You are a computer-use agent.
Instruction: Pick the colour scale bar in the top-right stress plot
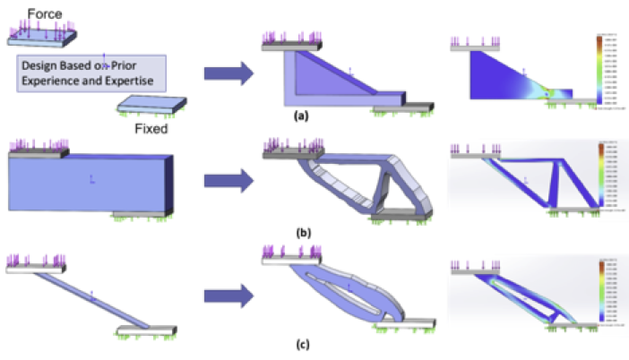pos(601,71)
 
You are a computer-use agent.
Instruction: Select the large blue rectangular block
pos(90,184)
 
